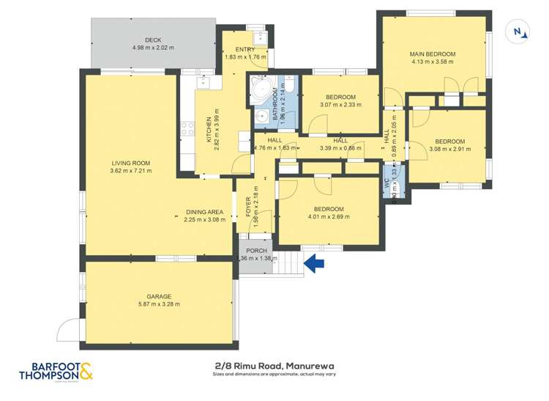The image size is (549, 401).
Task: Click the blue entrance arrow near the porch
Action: click(x=314, y=263)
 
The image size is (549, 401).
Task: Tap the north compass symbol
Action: click(x=519, y=32)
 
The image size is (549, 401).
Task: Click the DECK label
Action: click(x=152, y=40)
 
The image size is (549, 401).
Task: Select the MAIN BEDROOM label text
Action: click(x=433, y=54)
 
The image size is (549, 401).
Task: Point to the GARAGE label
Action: click(x=159, y=296)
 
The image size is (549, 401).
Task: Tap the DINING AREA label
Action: click(x=203, y=212)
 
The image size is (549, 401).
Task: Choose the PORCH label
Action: click(x=255, y=250)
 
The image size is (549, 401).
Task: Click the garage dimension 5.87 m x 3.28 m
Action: click(x=159, y=304)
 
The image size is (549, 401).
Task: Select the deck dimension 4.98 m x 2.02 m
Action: click(x=152, y=48)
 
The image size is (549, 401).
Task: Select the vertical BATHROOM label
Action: click(x=276, y=104)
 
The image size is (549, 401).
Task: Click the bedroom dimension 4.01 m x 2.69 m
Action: click(x=326, y=217)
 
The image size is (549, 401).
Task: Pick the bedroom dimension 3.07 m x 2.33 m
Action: click(x=340, y=105)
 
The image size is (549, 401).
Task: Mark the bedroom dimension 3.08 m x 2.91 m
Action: click(x=449, y=149)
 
